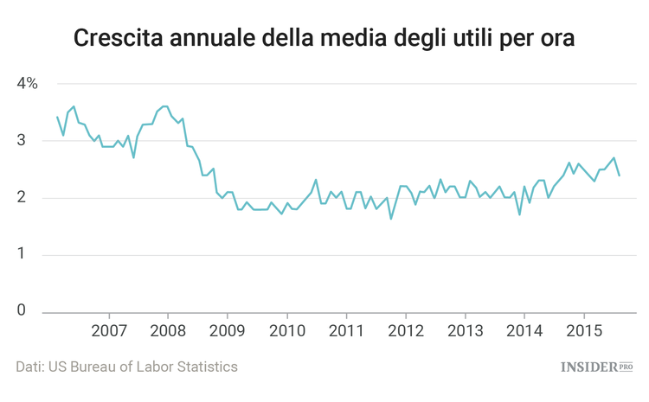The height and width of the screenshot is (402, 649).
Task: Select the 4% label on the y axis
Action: [x=27, y=84]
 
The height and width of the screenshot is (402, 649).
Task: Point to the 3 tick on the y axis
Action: [x=22, y=140]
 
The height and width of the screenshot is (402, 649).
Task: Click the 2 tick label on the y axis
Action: [x=22, y=197]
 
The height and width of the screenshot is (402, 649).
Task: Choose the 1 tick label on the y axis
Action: [x=22, y=254]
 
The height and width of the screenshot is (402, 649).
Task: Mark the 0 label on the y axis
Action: [x=22, y=311]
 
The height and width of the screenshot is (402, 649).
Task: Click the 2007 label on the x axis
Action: [x=110, y=331]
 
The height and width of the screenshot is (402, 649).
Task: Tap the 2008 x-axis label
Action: [x=169, y=331]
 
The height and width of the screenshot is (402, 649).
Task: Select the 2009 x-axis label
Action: [x=228, y=331]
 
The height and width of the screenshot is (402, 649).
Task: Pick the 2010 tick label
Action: [x=287, y=331]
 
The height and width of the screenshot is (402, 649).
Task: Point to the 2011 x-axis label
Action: [x=346, y=331]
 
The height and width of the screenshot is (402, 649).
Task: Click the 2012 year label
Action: [x=406, y=331]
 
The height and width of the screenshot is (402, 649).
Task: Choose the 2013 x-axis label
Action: [x=465, y=331]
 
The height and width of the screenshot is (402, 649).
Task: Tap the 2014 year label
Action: [x=524, y=331]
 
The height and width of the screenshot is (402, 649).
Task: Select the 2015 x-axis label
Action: [x=583, y=331]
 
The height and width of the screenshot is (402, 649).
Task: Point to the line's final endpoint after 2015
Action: [x=619, y=175]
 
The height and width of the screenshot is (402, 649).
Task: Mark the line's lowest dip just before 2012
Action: [x=391, y=218]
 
